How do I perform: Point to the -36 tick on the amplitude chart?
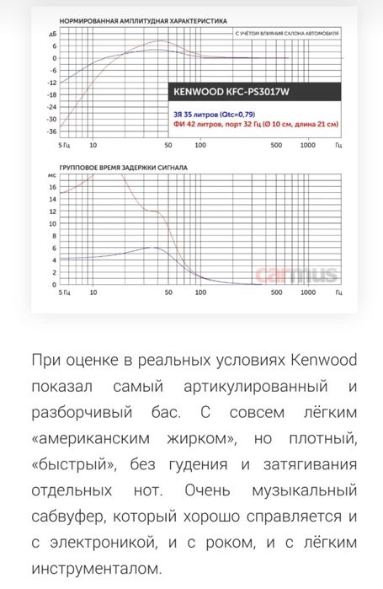[x=51, y=131]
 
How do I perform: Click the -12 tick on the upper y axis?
[x=51, y=83]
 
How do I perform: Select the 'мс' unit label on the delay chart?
[x=52, y=174]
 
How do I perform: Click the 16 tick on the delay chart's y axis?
[x=53, y=199]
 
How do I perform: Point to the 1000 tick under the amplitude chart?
[x=308, y=145]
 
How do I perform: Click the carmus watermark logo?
[x=309, y=275]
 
